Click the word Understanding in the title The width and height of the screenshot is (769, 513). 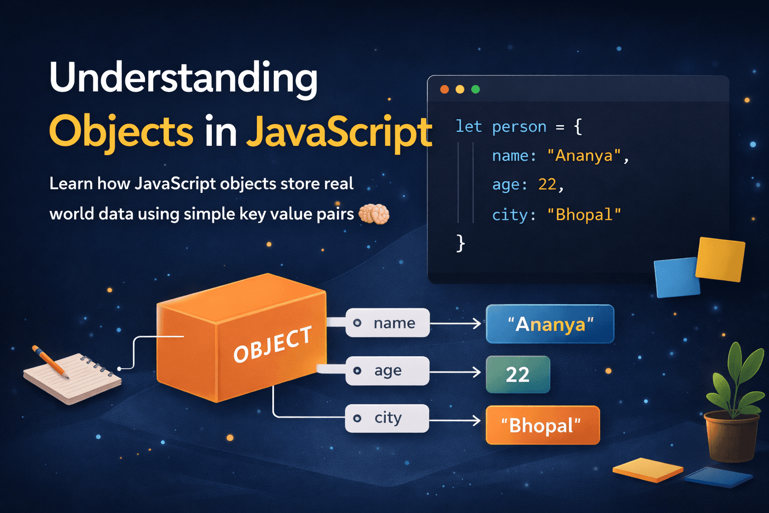tap(183, 79)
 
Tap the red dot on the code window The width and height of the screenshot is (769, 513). tap(445, 89)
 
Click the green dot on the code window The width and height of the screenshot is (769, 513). tap(476, 89)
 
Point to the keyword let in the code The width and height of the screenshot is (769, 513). tap(469, 127)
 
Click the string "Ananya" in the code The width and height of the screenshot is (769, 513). tap(584, 156)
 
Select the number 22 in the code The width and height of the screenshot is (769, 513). tap(547, 185)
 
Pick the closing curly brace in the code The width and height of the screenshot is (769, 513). tap(461, 244)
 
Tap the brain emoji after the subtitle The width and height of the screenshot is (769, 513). tap(374, 214)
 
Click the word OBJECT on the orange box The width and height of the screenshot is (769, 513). tap(272, 344)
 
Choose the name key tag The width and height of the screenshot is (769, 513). tap(388, 323)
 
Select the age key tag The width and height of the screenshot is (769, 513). tap(387, 371)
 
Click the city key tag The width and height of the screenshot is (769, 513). tap(387, 418)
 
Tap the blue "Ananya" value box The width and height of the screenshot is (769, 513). tap(550, 324)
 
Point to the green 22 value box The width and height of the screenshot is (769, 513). tap(518, 374)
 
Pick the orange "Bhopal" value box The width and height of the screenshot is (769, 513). tap(543, 425)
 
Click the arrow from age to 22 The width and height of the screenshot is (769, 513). tap(455, 372)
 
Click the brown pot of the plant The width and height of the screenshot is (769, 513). tap(731, 436)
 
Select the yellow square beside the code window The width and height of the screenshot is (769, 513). tap(720, 259)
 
